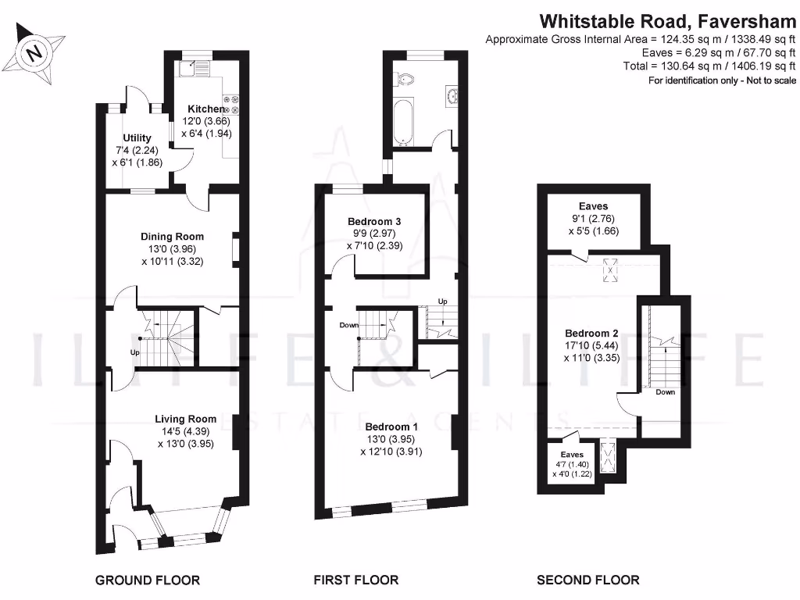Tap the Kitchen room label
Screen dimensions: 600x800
(205, 109)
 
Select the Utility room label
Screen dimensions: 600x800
(137, 138)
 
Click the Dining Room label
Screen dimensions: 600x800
(172, 237)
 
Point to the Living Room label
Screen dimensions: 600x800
(185, 419)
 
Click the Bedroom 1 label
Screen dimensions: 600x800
(392, 427)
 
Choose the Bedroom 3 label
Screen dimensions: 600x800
(380, 222)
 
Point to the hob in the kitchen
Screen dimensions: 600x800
(231, 105)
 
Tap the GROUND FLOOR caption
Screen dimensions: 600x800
(148, 580)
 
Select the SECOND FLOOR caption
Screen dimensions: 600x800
(588, 580)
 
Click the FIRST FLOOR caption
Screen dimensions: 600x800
(356, 580)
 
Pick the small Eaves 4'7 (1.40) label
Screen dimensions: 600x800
(572, 454)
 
